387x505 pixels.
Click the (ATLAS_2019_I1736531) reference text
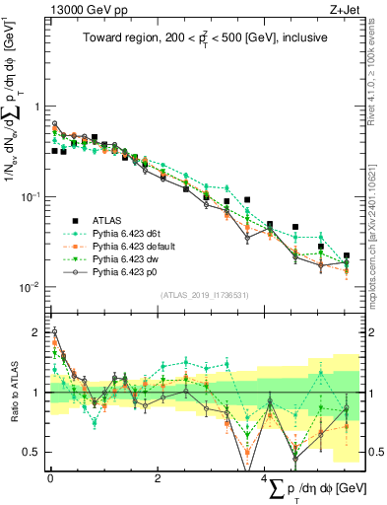(206, 295)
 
